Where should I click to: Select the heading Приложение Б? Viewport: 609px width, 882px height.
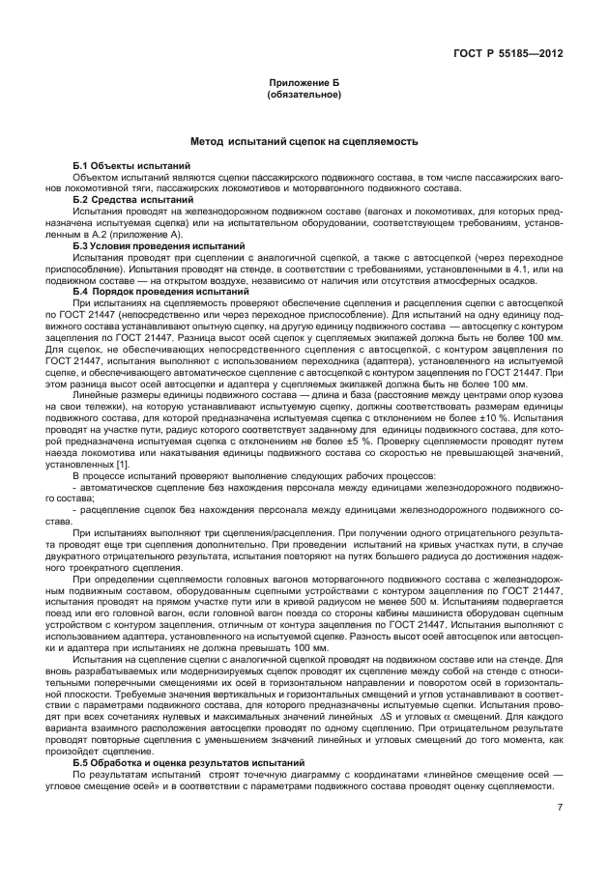(304, 84)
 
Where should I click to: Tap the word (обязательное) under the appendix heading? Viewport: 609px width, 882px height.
(304, 96)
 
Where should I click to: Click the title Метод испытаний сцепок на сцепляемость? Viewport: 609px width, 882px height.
(304, 141)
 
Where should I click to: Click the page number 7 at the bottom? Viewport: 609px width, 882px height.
(558, 809)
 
